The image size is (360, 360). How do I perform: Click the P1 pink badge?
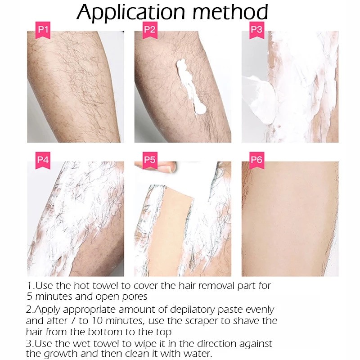point(43,31)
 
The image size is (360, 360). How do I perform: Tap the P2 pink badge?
point(150,31)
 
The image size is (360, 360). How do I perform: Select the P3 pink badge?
point(257,31)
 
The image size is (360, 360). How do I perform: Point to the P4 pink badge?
point(43,159)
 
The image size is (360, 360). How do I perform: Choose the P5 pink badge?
point(150,159)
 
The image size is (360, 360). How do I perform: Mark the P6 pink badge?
point(257,159)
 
